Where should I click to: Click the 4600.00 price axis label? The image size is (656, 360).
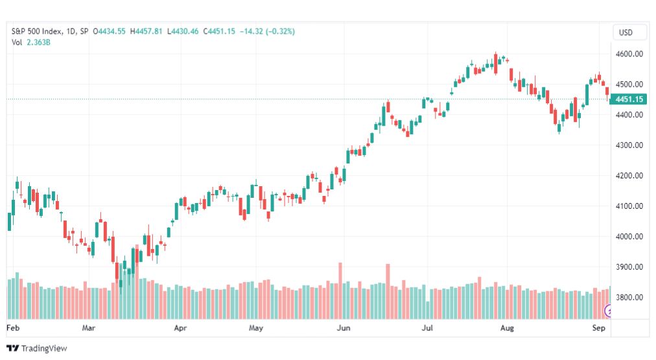pos(629,54)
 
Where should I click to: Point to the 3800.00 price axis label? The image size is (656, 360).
pos(629,297)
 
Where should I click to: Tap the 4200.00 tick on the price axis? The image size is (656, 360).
pos(629,175)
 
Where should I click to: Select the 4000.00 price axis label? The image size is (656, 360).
pos(629,236)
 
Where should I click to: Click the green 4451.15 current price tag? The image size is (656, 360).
pos(628,99)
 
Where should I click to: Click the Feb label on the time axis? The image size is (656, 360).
pos(13,328)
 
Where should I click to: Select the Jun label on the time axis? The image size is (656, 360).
pos(344,328)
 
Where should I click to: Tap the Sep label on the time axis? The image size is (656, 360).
pos(599,328)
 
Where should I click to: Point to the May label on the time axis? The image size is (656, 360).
pos(255,328)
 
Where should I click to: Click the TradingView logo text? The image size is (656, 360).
pos(44,348)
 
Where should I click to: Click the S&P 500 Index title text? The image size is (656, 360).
pos(37,31)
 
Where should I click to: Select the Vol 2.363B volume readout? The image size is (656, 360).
pos(31,42)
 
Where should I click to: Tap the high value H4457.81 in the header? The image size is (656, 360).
pos(146,31)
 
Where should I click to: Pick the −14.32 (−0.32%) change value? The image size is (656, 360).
pos(267,31)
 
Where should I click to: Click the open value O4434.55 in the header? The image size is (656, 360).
pos(109,31)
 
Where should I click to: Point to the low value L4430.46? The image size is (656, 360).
pos(183,31)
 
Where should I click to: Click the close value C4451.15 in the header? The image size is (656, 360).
pos(219,31)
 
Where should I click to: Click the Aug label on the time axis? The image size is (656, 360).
pos(507,328)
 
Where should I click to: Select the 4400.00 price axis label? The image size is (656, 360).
pos(629,114)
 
